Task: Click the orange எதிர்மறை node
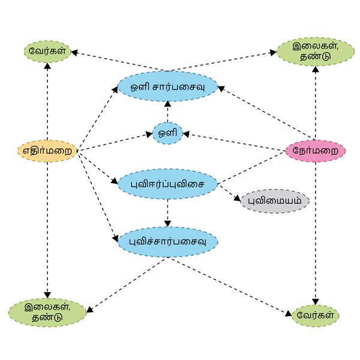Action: point(47,151)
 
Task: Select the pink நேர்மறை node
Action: point(316,150)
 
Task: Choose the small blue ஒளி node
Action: point(167,133)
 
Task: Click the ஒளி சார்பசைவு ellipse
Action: point(167,86)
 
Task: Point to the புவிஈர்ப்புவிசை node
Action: point(167,184)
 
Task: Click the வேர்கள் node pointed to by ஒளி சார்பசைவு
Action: point(47,51)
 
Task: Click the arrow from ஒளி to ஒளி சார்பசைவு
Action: point(167,112)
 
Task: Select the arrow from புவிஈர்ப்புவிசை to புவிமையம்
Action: point(229,193)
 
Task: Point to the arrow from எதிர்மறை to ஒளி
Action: point(114,142)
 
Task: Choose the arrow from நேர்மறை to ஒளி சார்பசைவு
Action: point(264,114)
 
